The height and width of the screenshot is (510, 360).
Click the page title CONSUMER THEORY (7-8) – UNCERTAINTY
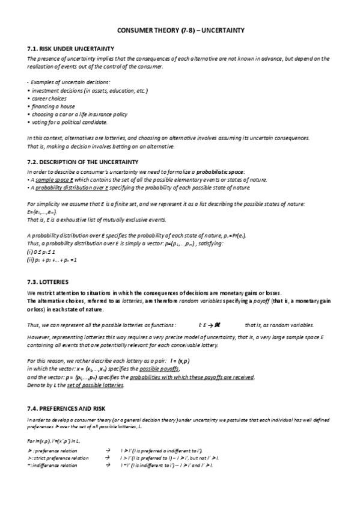point(180,29)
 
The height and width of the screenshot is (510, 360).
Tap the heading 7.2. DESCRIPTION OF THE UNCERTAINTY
point(83,162)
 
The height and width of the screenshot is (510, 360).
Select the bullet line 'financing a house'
point(53,106)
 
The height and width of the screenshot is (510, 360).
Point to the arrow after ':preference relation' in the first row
point(108,450)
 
